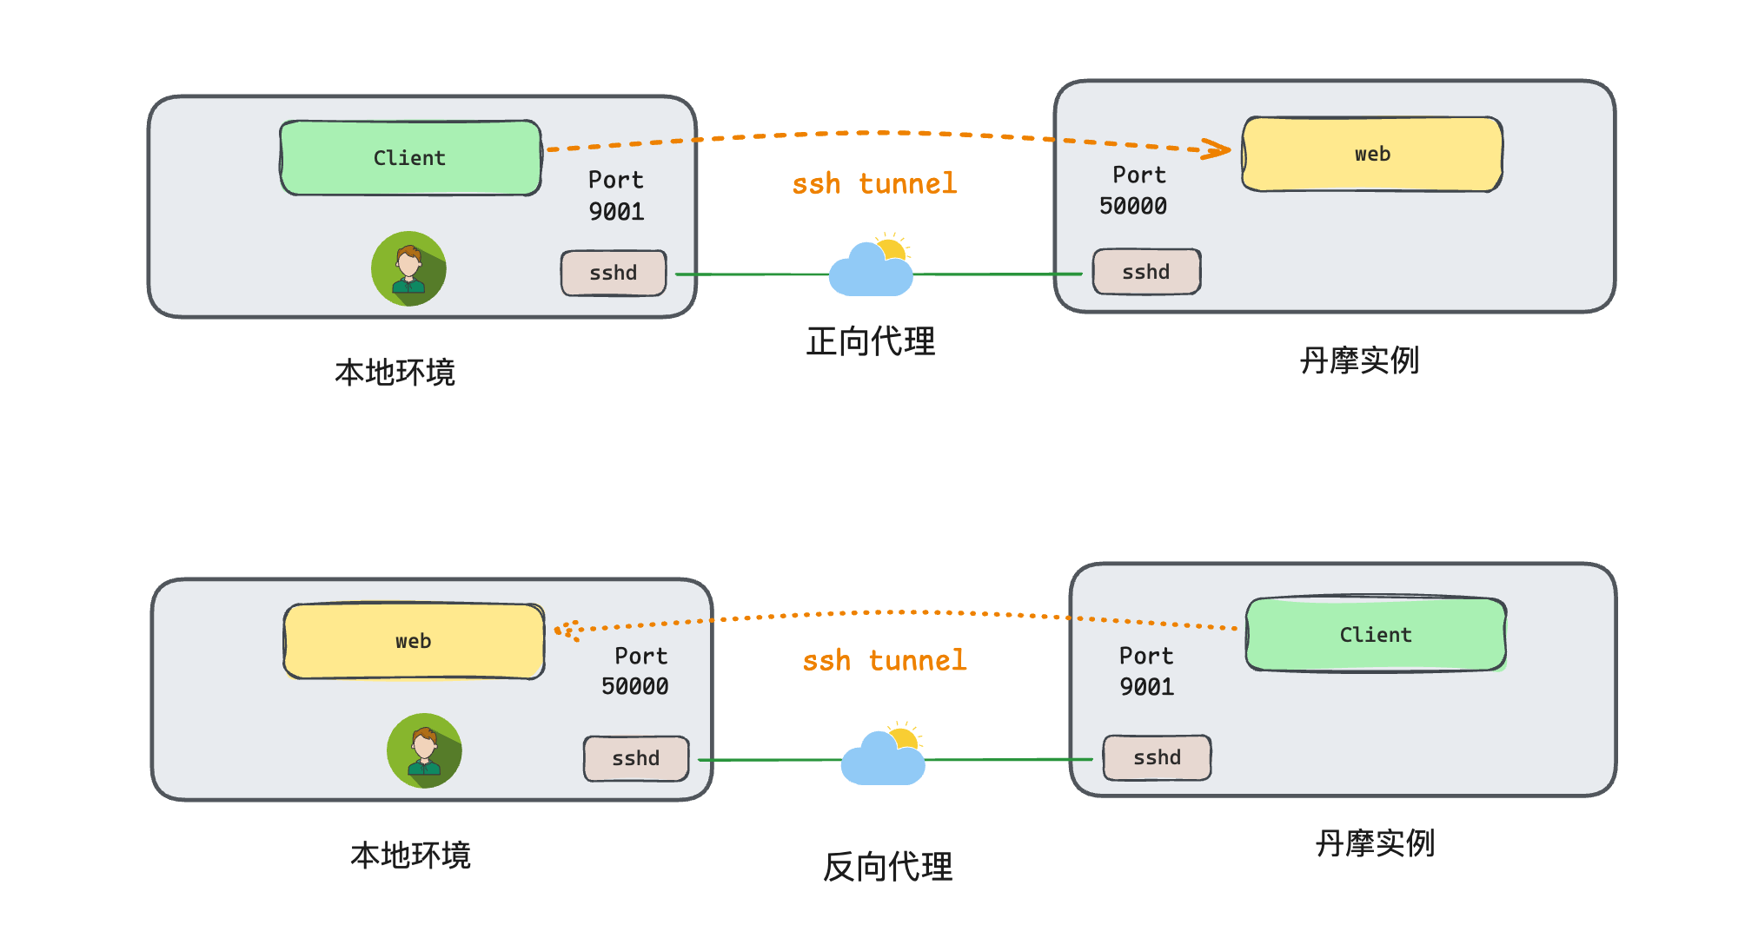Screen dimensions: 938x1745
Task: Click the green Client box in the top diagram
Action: (410, 158)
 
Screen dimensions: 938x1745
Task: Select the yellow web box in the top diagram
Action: (1372, 155)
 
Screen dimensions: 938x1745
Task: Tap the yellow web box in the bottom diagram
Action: (414, 641)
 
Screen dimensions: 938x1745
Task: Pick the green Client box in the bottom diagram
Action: (1376, 635)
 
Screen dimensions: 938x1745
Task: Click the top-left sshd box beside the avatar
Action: (614, 273)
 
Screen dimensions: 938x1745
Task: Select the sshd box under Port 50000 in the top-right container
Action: (1146, 272)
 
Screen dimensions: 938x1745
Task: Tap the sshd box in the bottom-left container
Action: (636, 758)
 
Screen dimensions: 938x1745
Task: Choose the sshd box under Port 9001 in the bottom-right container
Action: (1157, 757)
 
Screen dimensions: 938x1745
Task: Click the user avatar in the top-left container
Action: (408, 268)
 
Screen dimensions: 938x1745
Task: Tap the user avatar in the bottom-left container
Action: (424, 750)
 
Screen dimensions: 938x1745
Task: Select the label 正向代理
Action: (871, 341)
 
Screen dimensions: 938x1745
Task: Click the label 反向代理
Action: (887, 867)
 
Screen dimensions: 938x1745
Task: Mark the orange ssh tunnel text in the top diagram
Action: (874, 184)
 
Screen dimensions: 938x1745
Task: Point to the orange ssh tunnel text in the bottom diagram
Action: (884, 661)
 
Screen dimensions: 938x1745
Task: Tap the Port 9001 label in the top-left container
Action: (616, 195)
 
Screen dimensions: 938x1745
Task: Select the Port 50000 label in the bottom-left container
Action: (635, 671)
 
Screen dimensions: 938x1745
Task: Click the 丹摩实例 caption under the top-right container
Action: (1359, 360)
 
